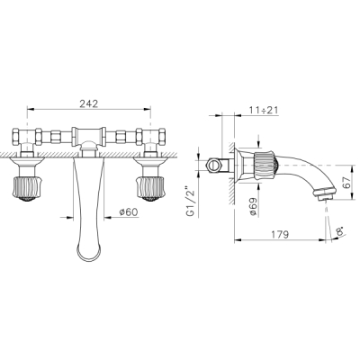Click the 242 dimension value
pyautogui.click(x=89, y=103)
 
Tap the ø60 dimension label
pyautogui.click(x=129, y=212)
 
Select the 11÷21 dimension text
pyautogui.click(x=264, y=110)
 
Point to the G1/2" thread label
pyautogui.click(x=190, y=202)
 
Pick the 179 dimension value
pyautogui.click(x=279, y=234)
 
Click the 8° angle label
pyautogui.click(x=340, y=232)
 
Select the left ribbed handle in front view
pyautogui.click(x=27, y=189)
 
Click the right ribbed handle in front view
pyautogui.click(x=150, y=189)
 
